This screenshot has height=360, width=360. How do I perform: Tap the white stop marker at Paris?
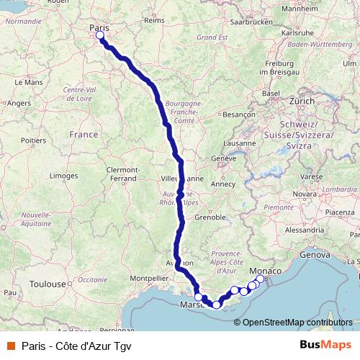pyautogui.click(x=99, y=35)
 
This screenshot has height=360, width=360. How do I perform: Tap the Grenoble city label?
pyautogui.click(x=212, y=216)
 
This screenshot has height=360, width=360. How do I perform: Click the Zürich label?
pyautogui.click(x=302, y=102)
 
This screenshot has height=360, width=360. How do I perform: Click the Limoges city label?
pyautogui.click(x=64, y=176)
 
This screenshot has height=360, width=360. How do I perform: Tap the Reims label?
pyautogui.click(x=155, y=20)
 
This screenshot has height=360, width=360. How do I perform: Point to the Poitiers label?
pyautogui.click(x=33, y=140)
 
